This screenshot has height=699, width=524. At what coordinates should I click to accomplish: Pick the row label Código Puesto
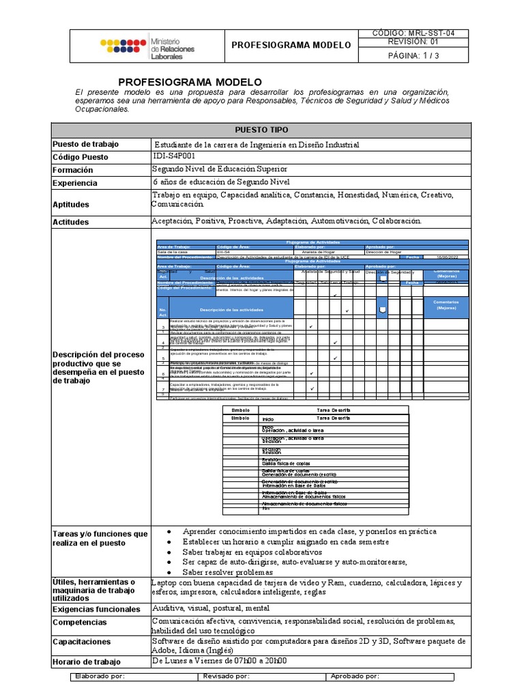[x=81, y=157]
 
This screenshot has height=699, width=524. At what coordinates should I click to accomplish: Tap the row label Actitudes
[x=72, y=222]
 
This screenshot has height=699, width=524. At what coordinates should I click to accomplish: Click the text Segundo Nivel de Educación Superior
[x=219, y=169]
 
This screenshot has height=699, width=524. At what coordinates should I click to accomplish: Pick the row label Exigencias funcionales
[x=96, y=609]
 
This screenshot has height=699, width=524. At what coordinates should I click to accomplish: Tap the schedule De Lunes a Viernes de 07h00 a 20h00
[x=219, y=661]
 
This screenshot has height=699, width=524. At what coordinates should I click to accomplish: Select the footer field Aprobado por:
[x=354, y=676]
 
